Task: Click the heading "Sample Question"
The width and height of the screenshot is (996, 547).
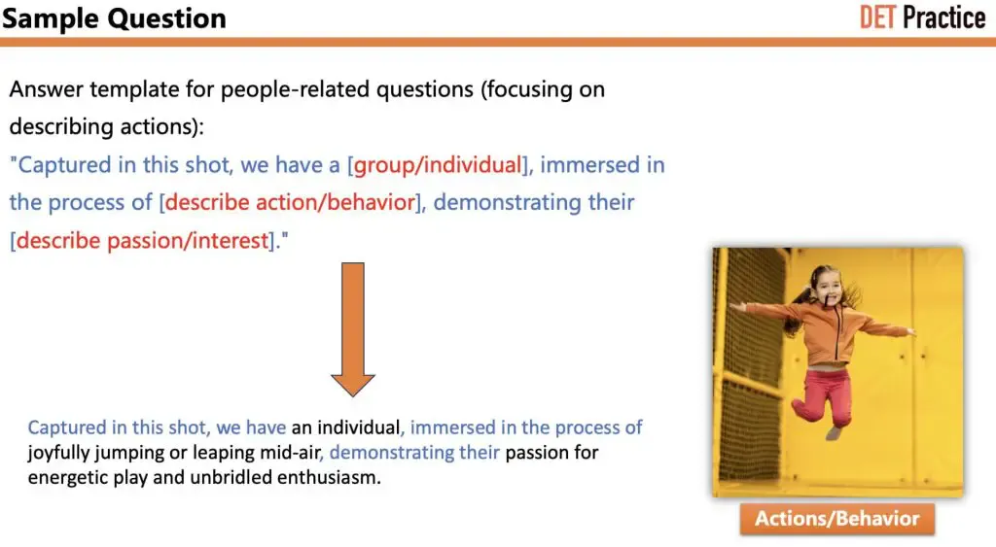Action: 115,18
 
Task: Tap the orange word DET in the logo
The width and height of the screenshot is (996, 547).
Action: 877,17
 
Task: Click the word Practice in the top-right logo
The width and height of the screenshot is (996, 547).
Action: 944,17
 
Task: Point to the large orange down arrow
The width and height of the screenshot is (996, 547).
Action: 353,329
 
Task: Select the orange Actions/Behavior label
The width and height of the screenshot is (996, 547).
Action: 837,519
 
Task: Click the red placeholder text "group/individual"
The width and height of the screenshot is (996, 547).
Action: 438,165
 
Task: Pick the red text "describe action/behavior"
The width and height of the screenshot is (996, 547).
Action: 290,202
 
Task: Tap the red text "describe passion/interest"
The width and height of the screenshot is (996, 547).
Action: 143,241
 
